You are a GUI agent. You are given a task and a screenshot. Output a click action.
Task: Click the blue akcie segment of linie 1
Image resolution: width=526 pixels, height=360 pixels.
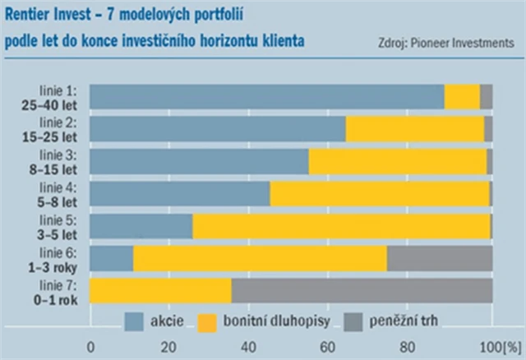click(x=266, y=96)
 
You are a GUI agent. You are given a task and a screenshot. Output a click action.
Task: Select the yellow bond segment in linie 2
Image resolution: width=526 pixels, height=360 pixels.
click(x=414, y=128)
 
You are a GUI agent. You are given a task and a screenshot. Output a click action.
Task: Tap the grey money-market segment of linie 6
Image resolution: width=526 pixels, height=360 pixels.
click(x=440, y=258)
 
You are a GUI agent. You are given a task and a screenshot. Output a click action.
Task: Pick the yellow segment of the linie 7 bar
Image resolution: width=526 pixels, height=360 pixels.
click(x=160, y=290)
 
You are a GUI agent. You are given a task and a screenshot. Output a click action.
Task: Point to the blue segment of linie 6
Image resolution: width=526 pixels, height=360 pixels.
click(x=111, y=258)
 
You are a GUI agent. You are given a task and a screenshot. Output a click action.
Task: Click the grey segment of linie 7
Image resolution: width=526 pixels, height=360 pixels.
click(x=362, y=290)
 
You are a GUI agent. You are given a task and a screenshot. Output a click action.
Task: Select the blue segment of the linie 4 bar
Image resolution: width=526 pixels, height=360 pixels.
click(x=179, y=193)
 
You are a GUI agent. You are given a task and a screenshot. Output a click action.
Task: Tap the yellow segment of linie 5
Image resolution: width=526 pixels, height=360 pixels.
click(x=341, y=226)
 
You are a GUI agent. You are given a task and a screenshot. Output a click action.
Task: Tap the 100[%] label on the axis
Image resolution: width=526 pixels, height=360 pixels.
click(x=496, y=346)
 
